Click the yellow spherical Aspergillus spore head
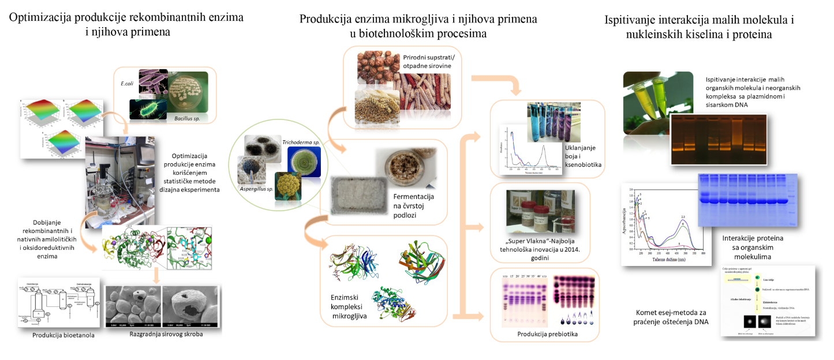[x=289, y=186]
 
